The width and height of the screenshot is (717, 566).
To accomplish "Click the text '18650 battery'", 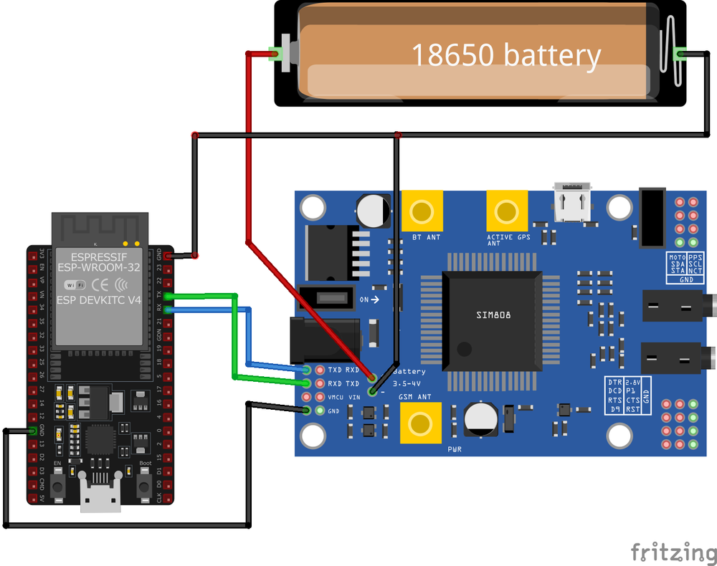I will (505, 55).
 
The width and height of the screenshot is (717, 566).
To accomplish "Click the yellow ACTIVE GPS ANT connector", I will (507, 211).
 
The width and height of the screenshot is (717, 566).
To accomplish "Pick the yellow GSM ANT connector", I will (420, 423).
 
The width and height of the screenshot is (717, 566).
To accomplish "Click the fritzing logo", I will (673, 552).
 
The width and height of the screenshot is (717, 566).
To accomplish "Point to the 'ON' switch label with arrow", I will (369, 299).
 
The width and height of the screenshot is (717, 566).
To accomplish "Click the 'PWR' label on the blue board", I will (455, 449).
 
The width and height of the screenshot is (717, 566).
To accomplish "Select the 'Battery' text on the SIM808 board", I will (409, 371).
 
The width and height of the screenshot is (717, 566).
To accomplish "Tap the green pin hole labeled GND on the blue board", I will (307, 411).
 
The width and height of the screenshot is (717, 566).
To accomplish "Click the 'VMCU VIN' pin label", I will (343, 397).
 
